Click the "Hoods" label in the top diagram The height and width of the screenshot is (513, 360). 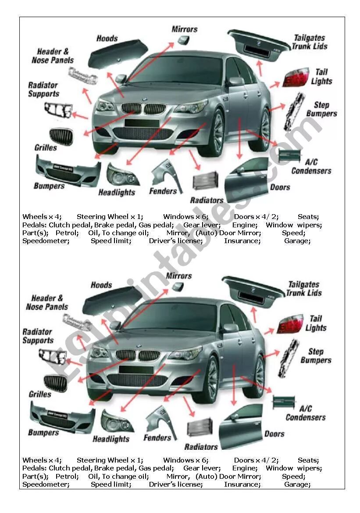(x=107, y=38)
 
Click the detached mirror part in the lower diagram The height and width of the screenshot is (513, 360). (x=177, y=287)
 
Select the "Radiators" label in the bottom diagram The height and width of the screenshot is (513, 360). (x=201, y=447)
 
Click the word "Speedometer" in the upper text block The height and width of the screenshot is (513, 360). (x=46, y=241)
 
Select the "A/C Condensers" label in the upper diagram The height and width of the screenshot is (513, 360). (x=311, y=166)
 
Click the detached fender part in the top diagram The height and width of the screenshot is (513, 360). (x=165, y=173)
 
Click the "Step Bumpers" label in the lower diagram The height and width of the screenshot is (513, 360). (x=316, y=356)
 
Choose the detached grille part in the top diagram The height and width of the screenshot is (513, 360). (x=61, y=136)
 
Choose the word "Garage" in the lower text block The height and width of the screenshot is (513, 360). (x=297, y=484)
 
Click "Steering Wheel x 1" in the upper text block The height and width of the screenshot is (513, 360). (x=110, y=217)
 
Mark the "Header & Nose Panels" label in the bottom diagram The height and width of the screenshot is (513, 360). (x=47, y=302)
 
